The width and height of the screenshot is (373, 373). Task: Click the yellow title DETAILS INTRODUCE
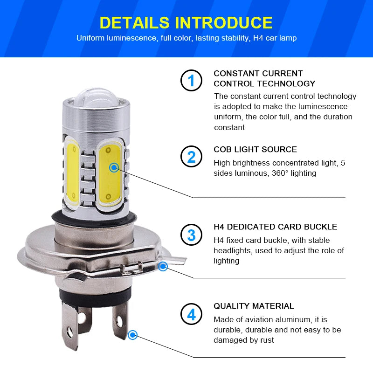tap(186, 22)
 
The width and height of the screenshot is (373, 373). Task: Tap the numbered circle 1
tap(191, 81)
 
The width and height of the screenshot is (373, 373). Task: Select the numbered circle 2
tap(191, 157)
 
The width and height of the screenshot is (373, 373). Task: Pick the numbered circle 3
tap(191, 235)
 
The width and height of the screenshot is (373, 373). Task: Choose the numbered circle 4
tap(191, 314)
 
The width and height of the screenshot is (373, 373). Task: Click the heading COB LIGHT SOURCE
tap(255, 150)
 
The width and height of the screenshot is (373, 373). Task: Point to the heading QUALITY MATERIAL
tap(254, 306)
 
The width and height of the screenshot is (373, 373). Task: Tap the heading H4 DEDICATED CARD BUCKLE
tap(275, 227)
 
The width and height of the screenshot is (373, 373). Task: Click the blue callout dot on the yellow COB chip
tap(114, 167)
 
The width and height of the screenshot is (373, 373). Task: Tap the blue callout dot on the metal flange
tap(163, 266)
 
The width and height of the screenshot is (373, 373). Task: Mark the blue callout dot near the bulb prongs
tap(132, 334)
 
